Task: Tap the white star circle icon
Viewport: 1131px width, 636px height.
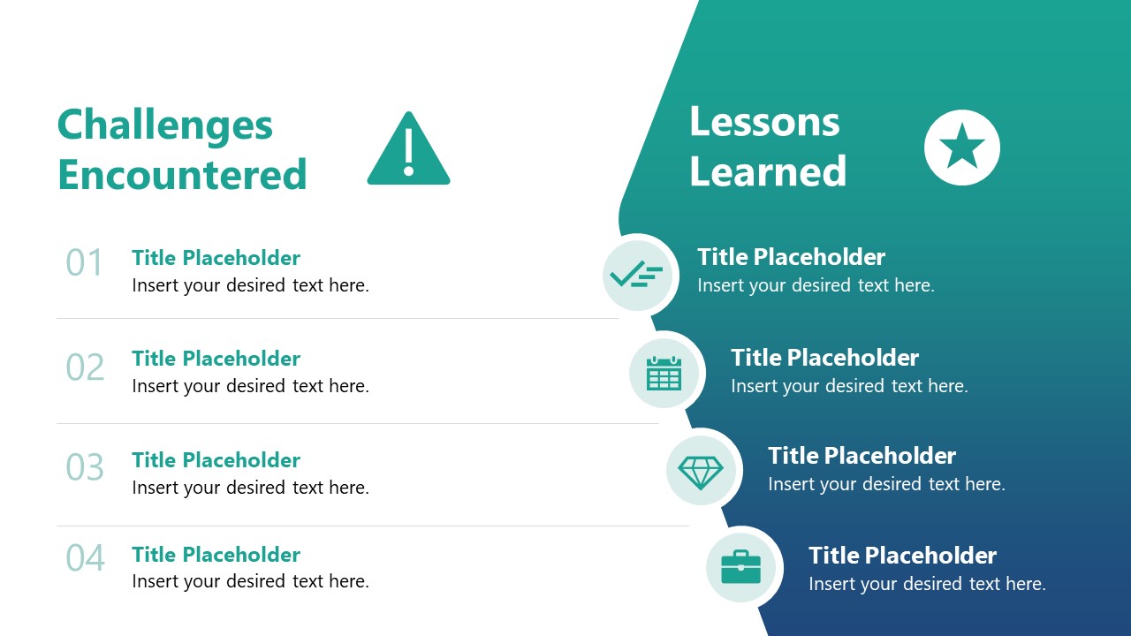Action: click(x=962, y=148)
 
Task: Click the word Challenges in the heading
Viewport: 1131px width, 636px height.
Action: click(x=165, y=125)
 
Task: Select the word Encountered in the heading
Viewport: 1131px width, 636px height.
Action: click(x=182, y=175)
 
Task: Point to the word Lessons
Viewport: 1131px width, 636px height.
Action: click(x=764, y=122)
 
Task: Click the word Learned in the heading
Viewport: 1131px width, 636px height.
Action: click(x=768, y=171)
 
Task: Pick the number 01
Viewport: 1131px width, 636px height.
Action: click(x=84, y=262)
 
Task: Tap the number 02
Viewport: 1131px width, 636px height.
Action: click(x=85, y=367)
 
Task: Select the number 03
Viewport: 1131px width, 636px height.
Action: click(x=85, y=467)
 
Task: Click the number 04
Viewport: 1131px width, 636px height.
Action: click(x=86, y=557)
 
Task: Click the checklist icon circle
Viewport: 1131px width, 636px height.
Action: click(x=638, y=276)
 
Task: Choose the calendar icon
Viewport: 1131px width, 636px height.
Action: click(x=664, y=374)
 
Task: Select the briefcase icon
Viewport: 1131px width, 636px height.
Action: click(x=740, y=567)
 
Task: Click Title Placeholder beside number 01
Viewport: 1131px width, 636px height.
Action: click(x=216, y=258)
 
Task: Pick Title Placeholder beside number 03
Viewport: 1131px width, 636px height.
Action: click(x=216, y=460)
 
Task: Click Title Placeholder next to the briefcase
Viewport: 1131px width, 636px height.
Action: click(x=903, y=556)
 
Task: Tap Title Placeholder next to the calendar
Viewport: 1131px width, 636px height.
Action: click(x=825, y=358)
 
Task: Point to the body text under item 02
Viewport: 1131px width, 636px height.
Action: click(x=250, y=386)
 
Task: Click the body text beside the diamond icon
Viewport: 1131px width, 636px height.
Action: click(x=886, y=484)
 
